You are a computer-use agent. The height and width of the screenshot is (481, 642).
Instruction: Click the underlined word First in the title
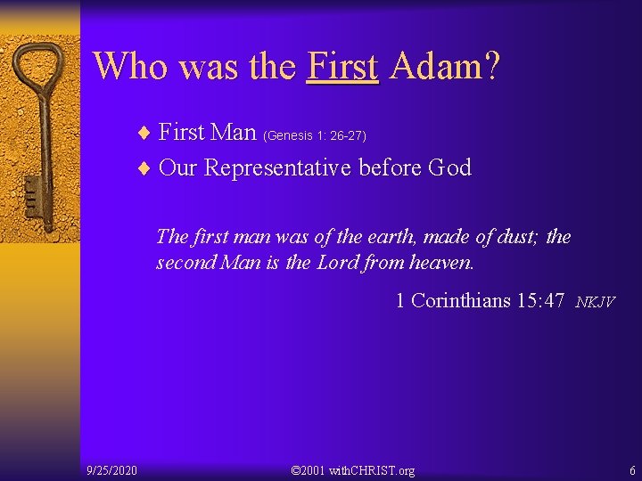pos(342,65)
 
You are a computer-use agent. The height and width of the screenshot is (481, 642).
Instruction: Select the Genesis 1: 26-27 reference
pos(315,135)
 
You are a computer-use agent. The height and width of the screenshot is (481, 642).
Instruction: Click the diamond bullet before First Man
pos(144,134)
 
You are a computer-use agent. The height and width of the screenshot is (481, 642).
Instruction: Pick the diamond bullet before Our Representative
pos(144,168)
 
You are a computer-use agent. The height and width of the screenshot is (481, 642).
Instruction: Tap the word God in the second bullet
pos(449,167)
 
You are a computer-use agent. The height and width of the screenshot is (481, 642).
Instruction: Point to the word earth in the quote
pos(396,237)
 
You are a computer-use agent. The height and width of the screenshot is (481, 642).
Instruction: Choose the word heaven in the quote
pos(441,263)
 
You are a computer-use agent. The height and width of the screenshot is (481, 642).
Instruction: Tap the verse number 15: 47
pos(540,300)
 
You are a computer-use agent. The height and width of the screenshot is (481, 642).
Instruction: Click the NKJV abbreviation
pos(595,302)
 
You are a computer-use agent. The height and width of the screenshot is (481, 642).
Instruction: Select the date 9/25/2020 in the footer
pos(111,469)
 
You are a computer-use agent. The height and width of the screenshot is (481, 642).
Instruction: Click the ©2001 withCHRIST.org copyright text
pos(353,469)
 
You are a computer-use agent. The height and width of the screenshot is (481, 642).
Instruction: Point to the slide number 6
pos(632,469)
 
